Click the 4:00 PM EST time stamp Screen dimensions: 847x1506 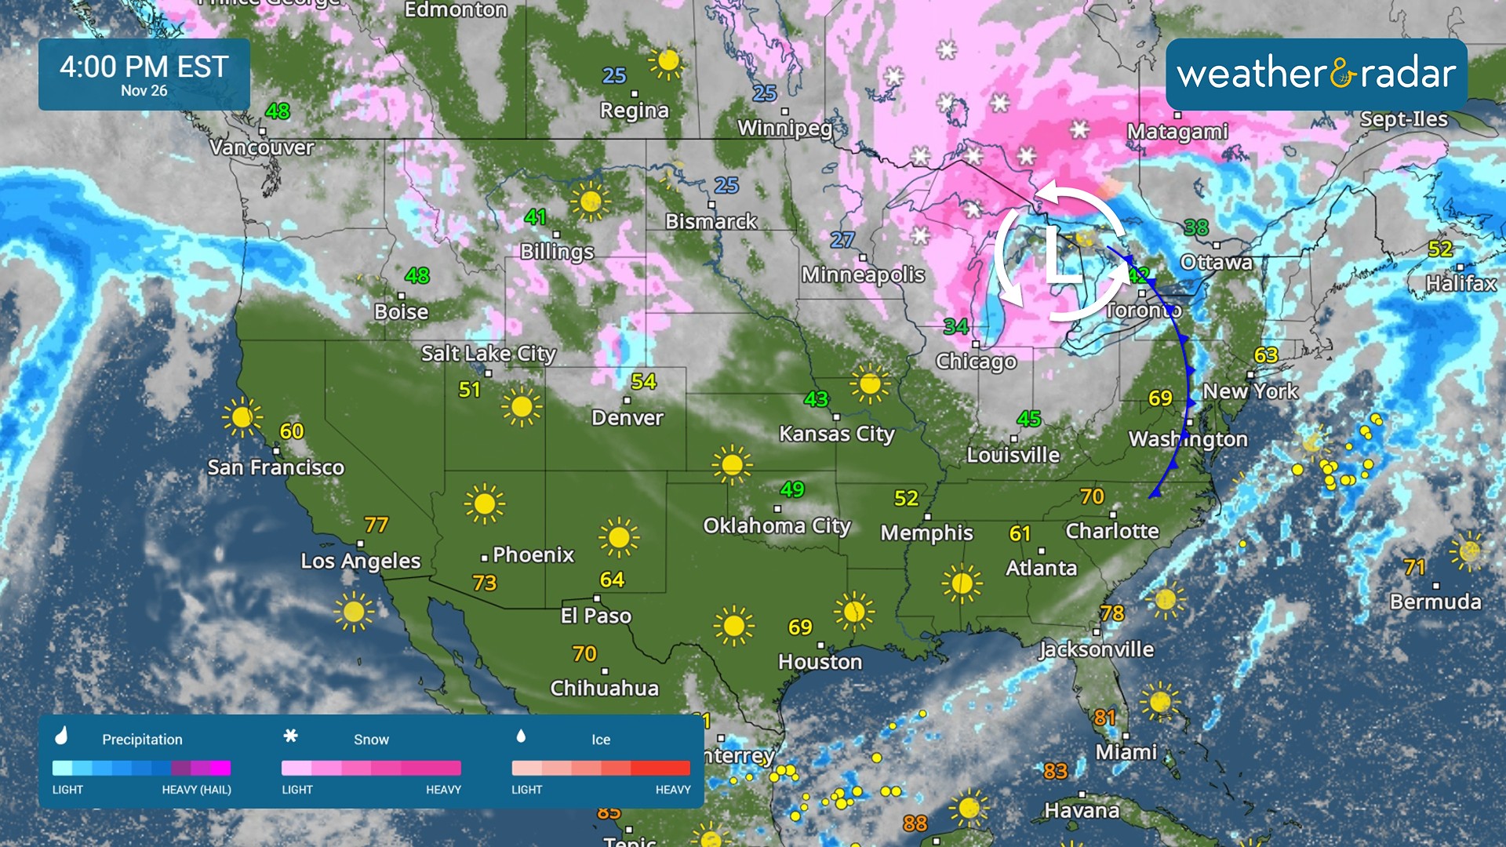pos(144,67)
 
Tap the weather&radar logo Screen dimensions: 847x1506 pos(1316,75)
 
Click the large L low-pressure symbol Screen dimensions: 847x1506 pos(1061,256)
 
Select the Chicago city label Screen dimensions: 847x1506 pos(976,362)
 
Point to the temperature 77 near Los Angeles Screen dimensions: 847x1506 pos(376,524)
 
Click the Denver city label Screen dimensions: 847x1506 pos(627,417)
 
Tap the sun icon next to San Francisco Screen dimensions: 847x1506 pos(242,416)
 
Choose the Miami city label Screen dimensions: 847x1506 pos(1126,752)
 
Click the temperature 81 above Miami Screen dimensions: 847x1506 pos(1104,717)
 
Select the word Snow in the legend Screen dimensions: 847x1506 pos(371,740)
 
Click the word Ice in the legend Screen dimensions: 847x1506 pos(601,740)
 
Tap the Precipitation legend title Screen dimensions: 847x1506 pos(142,740)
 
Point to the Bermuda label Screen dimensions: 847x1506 pos(1435,602)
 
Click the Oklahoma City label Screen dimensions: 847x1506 pos(777,525)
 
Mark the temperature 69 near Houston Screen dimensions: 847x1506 pos(799,627)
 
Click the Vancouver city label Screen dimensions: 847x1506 pos(261,147)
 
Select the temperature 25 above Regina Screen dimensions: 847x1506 pos(613,75)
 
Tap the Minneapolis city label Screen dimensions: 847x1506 pos(863,274)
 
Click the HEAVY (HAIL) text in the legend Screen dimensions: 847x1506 pos(196,790)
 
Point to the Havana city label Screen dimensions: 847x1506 pos(1081,810)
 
